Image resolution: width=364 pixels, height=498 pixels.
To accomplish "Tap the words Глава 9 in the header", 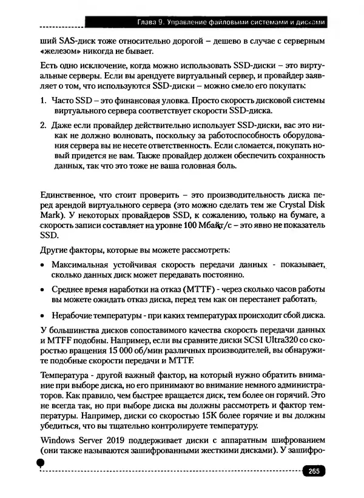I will pos(154,22).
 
